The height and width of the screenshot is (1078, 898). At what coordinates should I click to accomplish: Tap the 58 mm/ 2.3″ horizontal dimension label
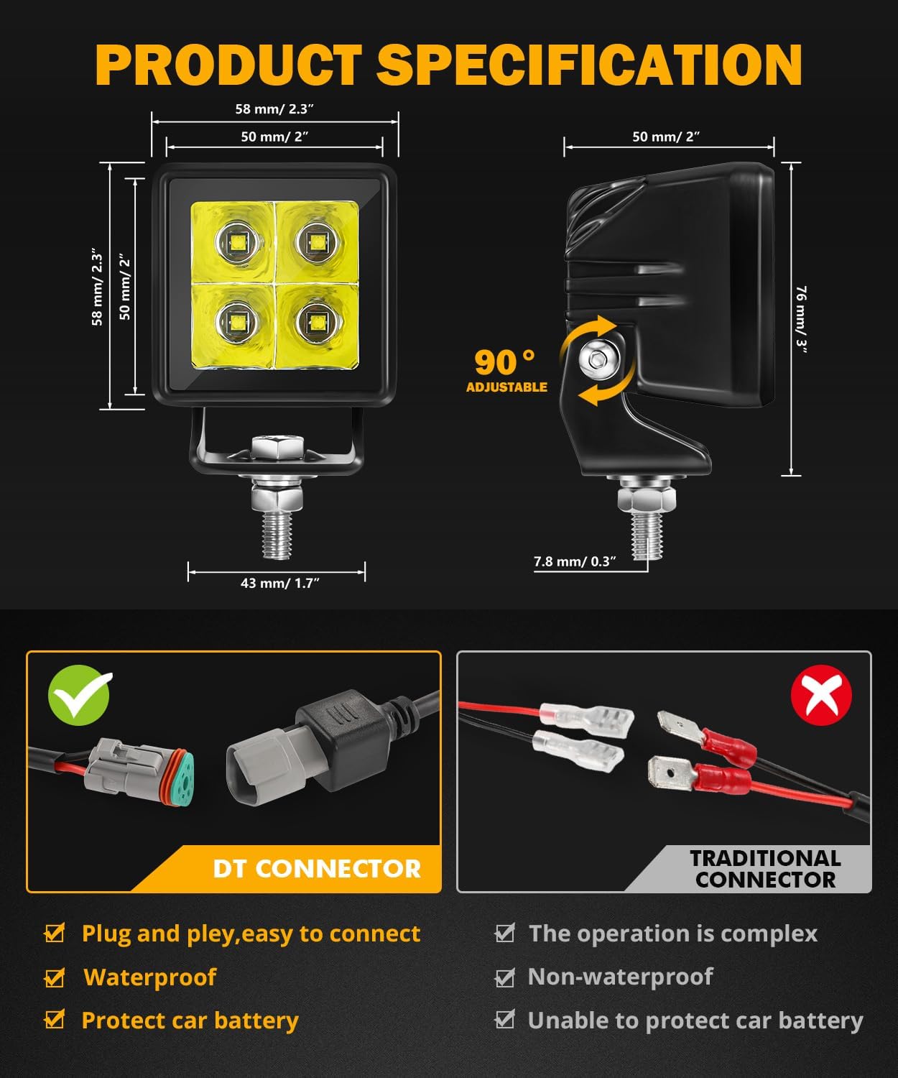[x=274, y=109]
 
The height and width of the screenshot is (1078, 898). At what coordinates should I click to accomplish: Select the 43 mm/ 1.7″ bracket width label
[x=279, y=583]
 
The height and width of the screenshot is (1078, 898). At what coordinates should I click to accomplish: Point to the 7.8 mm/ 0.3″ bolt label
[x=575, y=561]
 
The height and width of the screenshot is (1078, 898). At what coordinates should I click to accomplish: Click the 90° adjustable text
[x=506, y=369]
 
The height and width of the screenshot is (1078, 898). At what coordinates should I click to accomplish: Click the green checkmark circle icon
[x=79, y=695]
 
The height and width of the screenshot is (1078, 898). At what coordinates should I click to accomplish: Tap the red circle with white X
[x=820, y=695]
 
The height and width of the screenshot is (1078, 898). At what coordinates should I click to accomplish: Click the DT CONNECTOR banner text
[x=316, y=869]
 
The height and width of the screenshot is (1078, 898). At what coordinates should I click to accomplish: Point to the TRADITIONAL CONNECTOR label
[x=765, y=869]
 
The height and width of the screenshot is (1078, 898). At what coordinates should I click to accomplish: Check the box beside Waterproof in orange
[x=55, y=978]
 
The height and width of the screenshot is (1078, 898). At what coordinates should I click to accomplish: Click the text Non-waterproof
[x=620, y=977]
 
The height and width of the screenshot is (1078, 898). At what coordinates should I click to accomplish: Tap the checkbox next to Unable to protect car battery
[x=505, y=1020]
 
